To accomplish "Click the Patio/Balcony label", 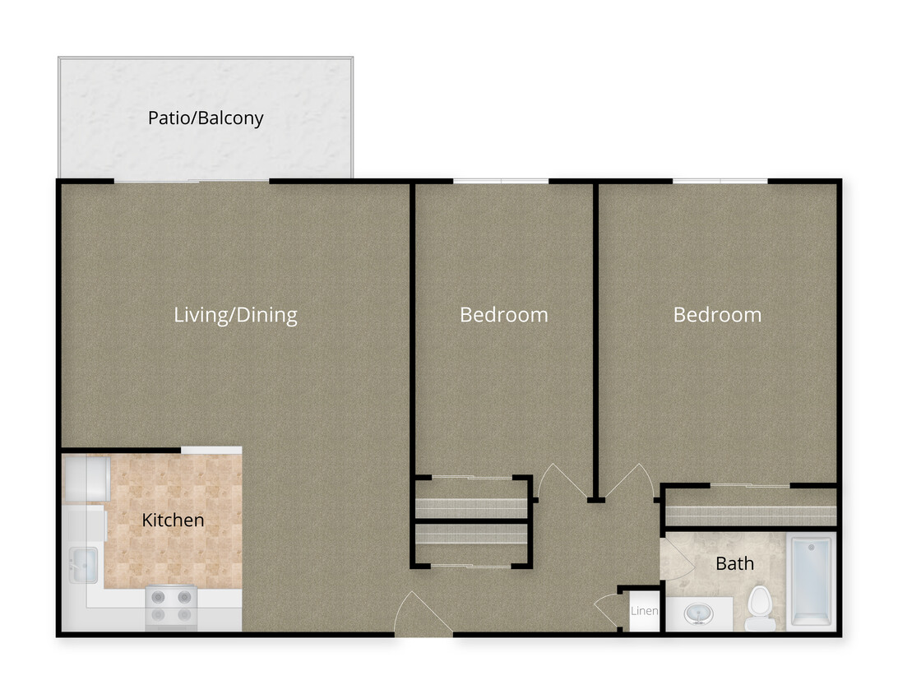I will tap(206, 118).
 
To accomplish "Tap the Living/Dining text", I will tap(235, 314).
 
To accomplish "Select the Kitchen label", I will tap(173, 520).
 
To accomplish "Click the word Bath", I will tap(734, 563).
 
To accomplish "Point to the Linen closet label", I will tap(644, 611).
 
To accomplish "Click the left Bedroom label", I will tap(503, 314).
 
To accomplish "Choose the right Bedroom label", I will tap(717, 314).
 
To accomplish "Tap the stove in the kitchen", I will tap(171, 606).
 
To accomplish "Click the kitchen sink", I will tap(83, 565).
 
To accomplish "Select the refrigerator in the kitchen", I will tap(87, 479).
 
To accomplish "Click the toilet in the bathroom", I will tap(760, 607).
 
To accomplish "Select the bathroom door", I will tap(674, 560).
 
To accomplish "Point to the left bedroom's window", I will tap(501, 181).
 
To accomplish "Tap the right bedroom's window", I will tap(720, 181).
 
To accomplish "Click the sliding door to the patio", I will tap(192, 181).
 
